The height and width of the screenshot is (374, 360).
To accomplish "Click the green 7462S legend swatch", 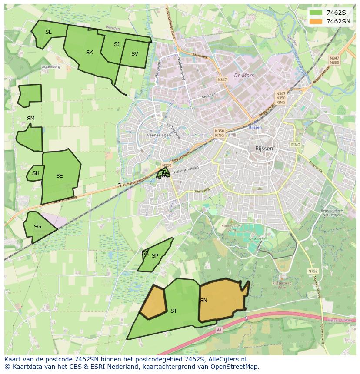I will click(316, 13).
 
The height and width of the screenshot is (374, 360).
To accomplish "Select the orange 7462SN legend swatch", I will click(316, 21).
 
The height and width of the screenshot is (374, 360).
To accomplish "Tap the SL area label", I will click(48, 32).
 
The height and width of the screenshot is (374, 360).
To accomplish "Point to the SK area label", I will click(90, 53).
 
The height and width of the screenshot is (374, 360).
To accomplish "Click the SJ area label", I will click(117, 44).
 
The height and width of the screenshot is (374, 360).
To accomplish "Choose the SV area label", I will click(134, 54).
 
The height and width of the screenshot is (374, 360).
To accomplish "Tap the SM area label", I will click(30, 119).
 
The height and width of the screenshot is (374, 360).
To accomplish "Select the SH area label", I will click(36, 173).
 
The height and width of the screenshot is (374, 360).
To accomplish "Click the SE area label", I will click(60, 176).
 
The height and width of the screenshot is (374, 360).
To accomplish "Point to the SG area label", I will click(37, 227).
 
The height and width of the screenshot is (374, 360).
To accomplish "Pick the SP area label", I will click(155, 256).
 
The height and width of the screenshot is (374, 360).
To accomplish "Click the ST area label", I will click(173, 311).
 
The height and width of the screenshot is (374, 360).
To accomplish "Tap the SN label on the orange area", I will click(203, 301).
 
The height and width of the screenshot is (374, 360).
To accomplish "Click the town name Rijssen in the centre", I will click(264, 149).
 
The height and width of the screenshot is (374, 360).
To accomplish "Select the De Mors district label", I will click(243, 76).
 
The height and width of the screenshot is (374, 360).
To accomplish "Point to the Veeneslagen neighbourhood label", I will click(159, 136).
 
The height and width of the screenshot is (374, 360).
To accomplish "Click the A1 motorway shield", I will click(219, 330).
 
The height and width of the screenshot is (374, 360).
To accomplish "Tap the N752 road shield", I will click(313, 271).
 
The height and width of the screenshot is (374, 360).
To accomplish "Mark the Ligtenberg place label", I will click(50, 67).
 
